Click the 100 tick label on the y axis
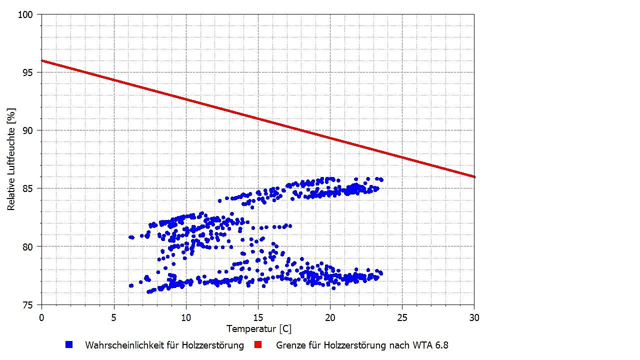click(26, 14)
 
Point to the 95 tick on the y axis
click(28, 72)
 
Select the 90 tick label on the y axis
click(28, 130)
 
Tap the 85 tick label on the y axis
click(28, 188)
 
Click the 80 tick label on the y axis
click(28, 246)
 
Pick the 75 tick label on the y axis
click(28, 304)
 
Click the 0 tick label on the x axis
click(41, 317)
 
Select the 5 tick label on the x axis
click(114, 317)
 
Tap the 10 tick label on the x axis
click(186, 317)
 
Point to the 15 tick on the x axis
click(258, 317)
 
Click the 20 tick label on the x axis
click(330, 317)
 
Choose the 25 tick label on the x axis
click(402, 317)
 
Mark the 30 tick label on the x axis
click(474, 317)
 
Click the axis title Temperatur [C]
click(258, 329)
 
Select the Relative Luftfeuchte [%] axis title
click(11, 159)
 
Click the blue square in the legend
click(69, 344)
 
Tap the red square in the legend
click(258, 344)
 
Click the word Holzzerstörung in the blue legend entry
click(214, 345)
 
